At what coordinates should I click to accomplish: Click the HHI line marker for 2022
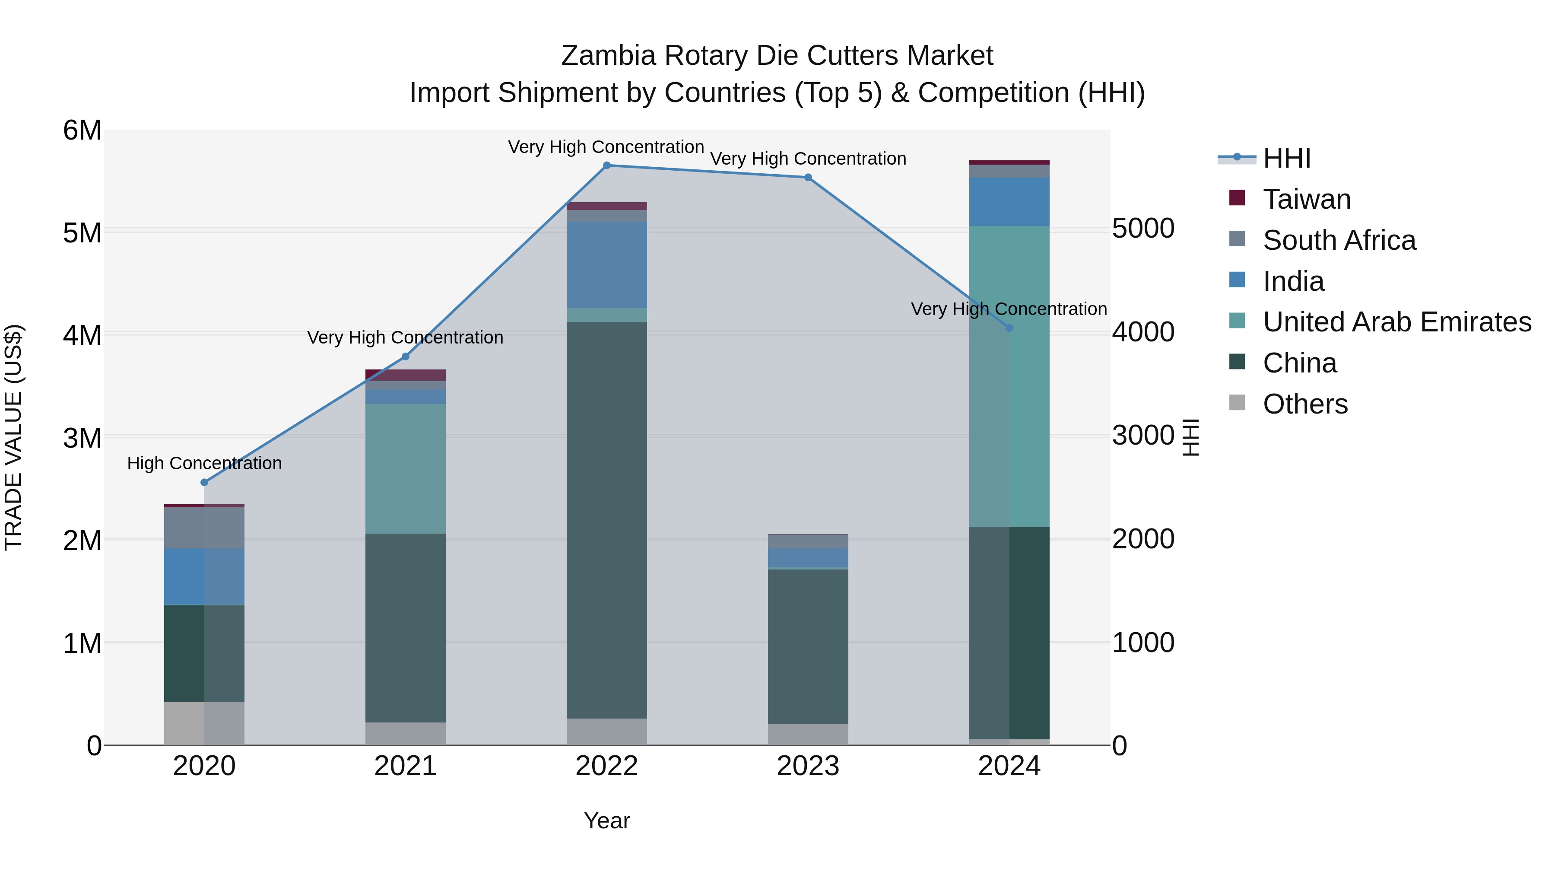(x=607, y=165)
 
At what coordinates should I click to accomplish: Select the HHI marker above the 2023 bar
(x=808, y=178)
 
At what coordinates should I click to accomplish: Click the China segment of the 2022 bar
(x=607, y=519)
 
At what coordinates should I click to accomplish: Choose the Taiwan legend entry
(x=1306, y=199)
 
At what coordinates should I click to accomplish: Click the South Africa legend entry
(x=1339, y=240)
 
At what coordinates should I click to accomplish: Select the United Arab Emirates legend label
(x=1397, y=322)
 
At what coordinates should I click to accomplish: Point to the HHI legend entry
(x=1286, y=158)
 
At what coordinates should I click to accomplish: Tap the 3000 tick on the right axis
(x=1142, y=436)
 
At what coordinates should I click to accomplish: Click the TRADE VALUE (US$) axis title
(x=14, y=437)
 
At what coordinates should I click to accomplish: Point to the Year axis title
(x=607, y=821)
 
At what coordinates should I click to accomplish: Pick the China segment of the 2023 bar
(x=808, y=646)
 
